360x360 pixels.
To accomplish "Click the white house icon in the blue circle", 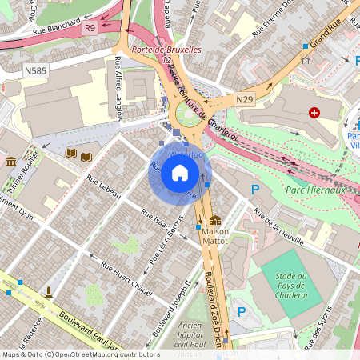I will pos(180,173).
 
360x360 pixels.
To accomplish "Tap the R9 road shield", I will pos(90,28).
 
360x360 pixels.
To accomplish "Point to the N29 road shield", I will pos(245,98).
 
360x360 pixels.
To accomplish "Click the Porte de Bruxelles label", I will pos(166,50).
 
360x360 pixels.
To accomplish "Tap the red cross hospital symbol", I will pos(314,114).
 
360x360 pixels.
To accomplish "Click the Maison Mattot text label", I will pos(214,238).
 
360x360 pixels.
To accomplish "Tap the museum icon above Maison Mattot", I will pos(214,221).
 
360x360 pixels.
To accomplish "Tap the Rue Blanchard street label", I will pos(55,26).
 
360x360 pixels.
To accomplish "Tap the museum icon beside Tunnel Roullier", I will pos(11,162).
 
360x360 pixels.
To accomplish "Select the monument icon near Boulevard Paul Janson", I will pos(50,290).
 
